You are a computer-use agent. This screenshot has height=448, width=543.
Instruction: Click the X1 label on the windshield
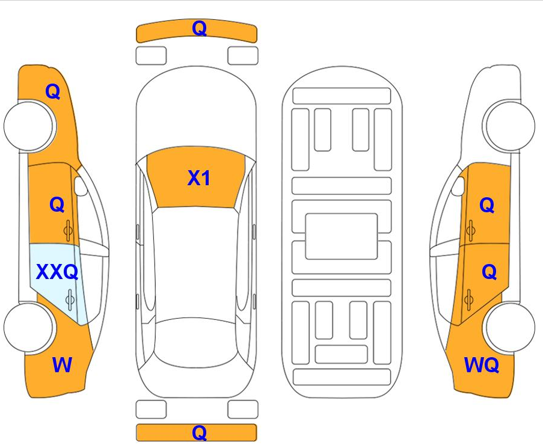tap(198, 178)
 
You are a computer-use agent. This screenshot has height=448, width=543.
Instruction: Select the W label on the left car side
tap(62, 364)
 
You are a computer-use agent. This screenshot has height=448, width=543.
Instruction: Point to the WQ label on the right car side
tap(481, 365)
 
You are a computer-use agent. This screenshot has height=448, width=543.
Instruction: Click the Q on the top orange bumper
tap(200, 28)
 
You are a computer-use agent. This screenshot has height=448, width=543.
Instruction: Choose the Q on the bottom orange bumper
tap(200, 432)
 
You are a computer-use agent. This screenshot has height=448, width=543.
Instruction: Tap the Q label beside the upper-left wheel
tap(53, 92)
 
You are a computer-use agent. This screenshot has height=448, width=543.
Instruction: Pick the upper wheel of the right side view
tap(508, 126)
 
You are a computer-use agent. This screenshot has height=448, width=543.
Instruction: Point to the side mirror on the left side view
tap(81, 186)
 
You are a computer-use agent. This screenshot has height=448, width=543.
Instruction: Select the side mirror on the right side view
tap(458, 186)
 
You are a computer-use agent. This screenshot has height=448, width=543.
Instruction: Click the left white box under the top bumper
tap(151, 56)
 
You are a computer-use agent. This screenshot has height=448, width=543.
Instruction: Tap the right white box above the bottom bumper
tap(243, 410)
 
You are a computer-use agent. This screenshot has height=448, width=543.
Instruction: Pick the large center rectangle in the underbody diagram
tap(342, 236)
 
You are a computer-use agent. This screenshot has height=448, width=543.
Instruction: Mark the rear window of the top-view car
tap(196, 343)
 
